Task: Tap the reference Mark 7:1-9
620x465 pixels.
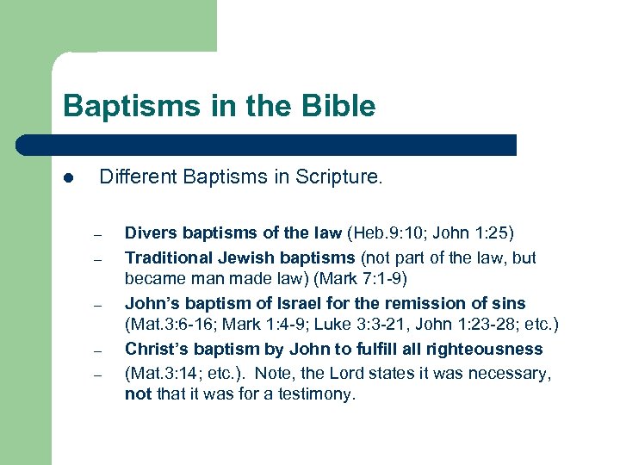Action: (x=372, y=279)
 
